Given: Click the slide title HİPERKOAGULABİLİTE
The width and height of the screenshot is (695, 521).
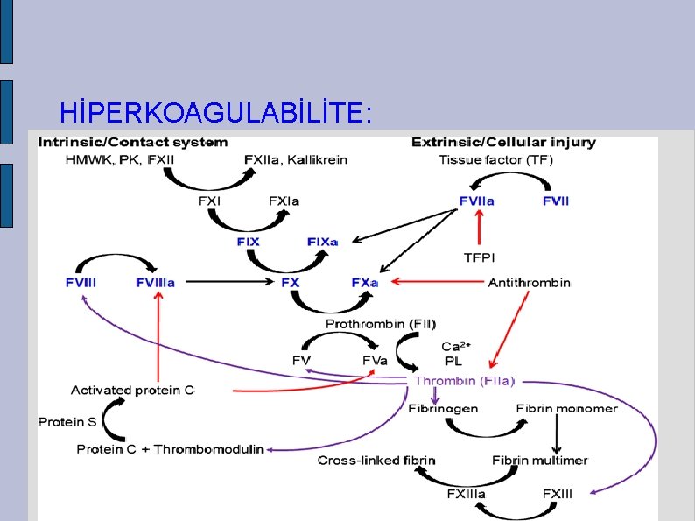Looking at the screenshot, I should coord(215,112).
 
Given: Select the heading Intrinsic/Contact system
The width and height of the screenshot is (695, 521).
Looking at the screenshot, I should coord(132,142).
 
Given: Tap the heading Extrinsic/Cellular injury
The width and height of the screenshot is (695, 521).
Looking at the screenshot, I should coord(503,142).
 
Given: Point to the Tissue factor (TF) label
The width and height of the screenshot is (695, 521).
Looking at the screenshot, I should coord(495,159).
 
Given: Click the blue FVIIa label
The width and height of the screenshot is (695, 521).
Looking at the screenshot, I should coord(476,201).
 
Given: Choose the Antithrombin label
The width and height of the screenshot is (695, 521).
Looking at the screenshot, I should coord(529,283).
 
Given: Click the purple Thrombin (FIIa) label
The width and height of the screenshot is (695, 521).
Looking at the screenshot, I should coord(465,381).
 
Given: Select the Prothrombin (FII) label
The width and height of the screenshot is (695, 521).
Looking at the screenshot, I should coord(381,324).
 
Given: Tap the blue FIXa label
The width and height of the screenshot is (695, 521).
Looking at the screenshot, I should coord(322,242).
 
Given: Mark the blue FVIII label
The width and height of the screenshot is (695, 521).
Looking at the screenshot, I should coord(81,283).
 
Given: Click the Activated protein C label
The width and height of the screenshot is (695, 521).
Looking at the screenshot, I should coord(132,391).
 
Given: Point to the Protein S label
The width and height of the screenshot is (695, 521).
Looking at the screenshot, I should coord(67,422).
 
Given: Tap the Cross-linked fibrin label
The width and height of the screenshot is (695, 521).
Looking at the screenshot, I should coord(376,461).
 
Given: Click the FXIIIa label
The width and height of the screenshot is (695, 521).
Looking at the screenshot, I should coord(466,494).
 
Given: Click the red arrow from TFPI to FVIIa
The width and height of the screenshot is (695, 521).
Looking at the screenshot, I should coord(478,229).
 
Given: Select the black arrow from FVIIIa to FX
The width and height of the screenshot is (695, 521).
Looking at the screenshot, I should coord(229,283).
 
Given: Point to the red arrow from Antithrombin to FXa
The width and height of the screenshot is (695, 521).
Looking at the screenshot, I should coord(438,283).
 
